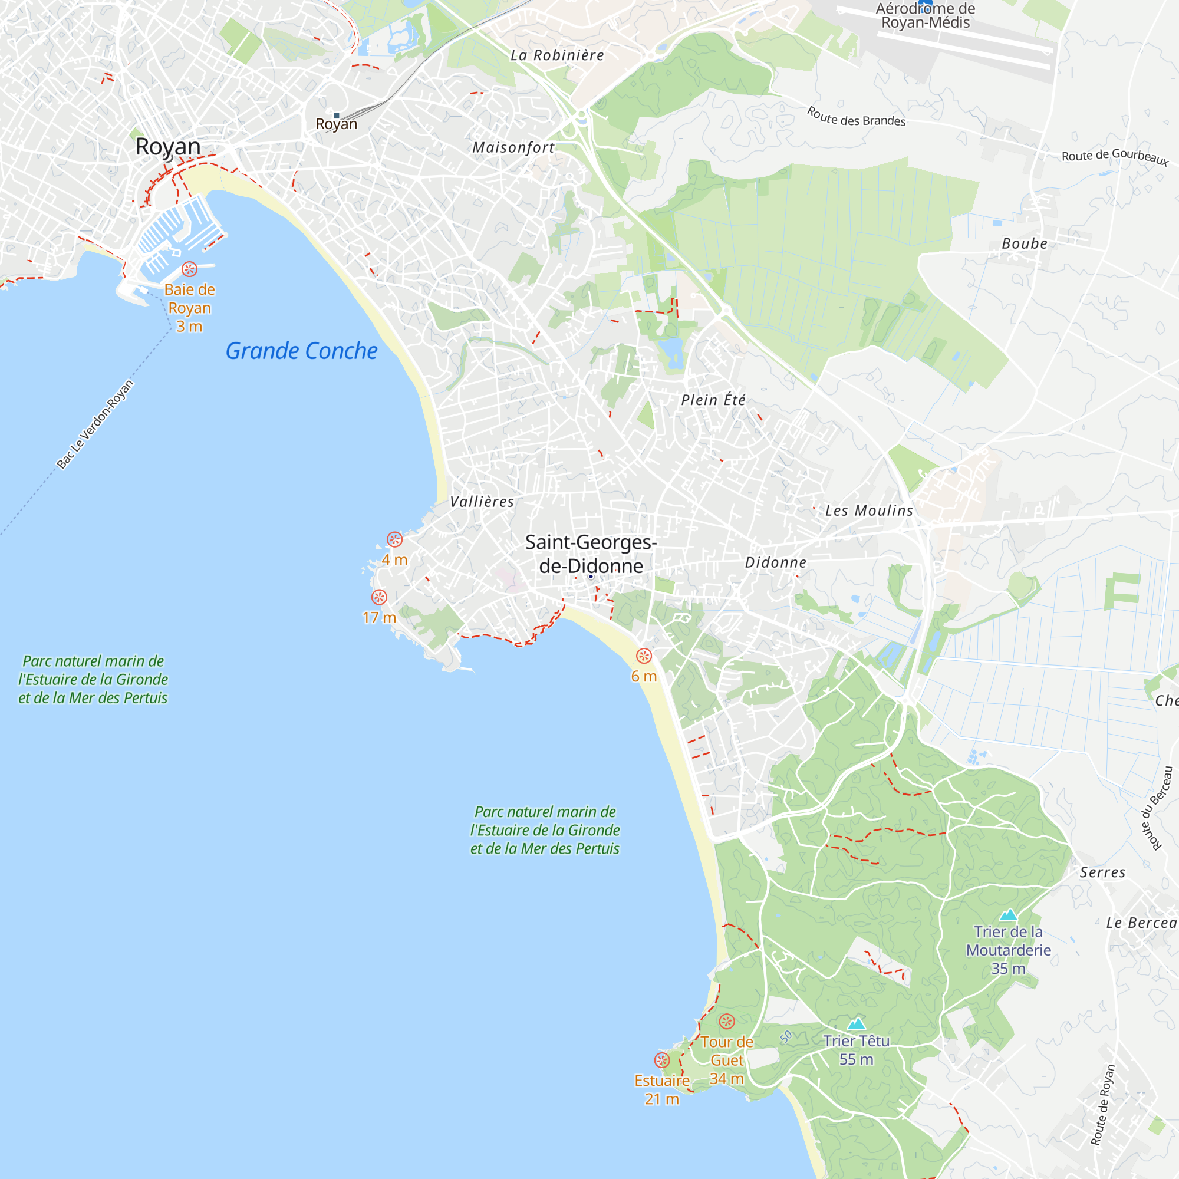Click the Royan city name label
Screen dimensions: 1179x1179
(168, 146)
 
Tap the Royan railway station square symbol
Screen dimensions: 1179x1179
(336, 116)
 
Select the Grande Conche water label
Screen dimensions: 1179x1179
(301, 351)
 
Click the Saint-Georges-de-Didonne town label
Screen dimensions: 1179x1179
(591, 554)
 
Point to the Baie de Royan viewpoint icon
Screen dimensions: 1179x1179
(190, 269)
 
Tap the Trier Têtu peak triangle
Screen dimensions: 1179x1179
(856, 1023)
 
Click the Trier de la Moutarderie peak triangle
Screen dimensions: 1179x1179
(1008, 915)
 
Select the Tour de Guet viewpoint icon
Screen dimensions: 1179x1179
(727, 1022)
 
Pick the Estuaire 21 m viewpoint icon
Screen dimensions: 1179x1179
(662, 1060)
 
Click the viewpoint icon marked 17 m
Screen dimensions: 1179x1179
(379, 597)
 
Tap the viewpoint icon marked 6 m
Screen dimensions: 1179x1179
(644, 656)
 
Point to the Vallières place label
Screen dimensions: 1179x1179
(482, 502)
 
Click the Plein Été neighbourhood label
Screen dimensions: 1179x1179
(713, 400)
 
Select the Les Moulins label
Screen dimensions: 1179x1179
(869, 511)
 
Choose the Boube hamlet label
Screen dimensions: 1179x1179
(1025, 243)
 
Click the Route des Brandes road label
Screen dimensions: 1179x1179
(856, 117)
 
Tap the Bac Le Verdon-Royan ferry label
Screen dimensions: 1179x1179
(95, 424)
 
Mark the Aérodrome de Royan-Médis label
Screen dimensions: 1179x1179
(925, 16)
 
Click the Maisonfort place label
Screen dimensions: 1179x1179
(513, 148)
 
